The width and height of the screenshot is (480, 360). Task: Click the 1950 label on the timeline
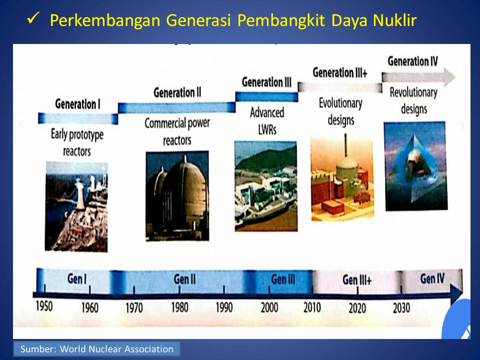(44, 306)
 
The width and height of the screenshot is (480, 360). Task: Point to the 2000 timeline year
(269, 307)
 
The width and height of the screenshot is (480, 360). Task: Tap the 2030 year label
(401, 307)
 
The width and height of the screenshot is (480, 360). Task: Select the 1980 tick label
(179, 307)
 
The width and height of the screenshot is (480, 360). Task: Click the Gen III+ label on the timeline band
(357, 279)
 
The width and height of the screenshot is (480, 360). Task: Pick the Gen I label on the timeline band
(77, 278)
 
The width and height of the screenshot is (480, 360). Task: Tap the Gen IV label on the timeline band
(432, 278)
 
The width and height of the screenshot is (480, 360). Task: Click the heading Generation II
(177, 92)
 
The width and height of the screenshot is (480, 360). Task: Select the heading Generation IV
(412, 61)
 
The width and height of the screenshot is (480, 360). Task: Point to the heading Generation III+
(340, 73)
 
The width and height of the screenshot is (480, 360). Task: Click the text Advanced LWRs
(267, 121)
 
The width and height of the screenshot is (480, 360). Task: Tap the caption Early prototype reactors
(77, 142)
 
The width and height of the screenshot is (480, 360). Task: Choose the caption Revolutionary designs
(413, 100)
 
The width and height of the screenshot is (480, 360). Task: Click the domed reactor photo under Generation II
(177, 196)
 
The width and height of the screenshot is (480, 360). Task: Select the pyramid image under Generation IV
(415, 166)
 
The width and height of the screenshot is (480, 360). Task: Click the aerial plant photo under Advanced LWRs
(265, 186)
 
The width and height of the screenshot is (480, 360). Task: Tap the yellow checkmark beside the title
(33, 18)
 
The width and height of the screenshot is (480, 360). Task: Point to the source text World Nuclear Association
(116, 349)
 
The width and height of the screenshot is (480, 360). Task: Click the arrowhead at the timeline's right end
(456, 293)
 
